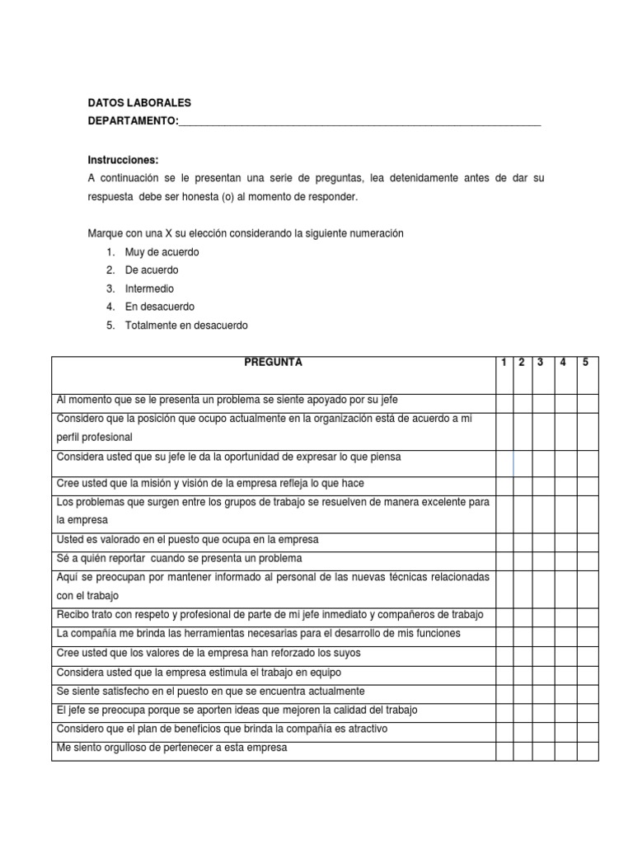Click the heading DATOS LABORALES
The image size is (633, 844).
point(139,103)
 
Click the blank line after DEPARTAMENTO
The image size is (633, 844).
point(359,121)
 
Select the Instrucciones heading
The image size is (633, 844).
point(123,160)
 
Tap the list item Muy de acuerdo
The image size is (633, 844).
point(162,252)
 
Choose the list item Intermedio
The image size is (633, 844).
point(149,288)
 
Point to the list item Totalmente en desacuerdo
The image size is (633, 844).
point(185,325)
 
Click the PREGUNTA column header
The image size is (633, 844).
point(273,363)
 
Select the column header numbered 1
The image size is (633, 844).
point(503,363)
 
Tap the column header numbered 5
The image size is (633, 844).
point(587,363)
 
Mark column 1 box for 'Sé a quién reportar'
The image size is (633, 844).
point(503,558)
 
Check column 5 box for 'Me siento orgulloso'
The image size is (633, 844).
point(587,750)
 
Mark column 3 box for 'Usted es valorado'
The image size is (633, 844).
point(542,540)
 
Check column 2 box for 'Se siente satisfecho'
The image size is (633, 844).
point(522,692)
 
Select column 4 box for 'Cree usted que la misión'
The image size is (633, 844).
point(565,483)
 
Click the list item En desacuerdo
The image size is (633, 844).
point(160,307)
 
